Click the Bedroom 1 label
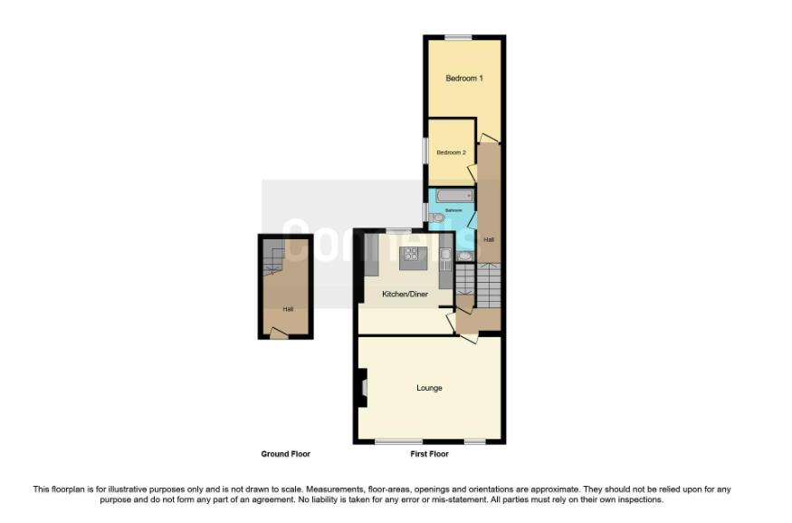click(x=463, y=79)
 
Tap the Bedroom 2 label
click(x=451, y=152)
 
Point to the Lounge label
click(x=429, y=388)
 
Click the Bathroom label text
click(x=453, y=211)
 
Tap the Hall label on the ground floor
click(x=288, y=309)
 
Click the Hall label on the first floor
click(x=489, y=239)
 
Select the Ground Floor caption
click(x=286, y=453)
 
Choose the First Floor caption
click(x=429, y=453)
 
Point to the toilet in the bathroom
click(x=435, y=218)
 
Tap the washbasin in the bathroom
click(x=464, y=257)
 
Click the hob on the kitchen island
click(x=413, y=253)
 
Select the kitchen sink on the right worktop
click(x=445, y=261)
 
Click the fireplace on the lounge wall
click(x=363, y=390)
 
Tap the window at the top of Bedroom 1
click(x=458, y=37)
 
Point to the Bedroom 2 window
click(x=426, y=150)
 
